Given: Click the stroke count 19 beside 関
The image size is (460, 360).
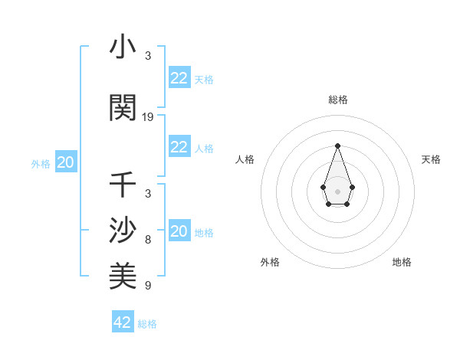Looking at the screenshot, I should (148, 117).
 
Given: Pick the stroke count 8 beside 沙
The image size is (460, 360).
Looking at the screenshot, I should (148, 239).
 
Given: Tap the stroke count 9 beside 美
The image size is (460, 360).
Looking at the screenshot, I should (148, 286).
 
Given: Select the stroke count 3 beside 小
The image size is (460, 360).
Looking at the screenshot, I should (148, 56).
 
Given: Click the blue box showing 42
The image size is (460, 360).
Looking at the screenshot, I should (123, 322).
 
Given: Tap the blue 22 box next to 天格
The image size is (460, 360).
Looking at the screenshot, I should (179, 78).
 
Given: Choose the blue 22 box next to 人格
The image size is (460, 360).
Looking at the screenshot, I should (179, 147).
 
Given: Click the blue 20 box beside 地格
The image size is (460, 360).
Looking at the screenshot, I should (179, 231).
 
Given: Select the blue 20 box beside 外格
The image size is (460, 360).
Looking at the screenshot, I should (66, 162).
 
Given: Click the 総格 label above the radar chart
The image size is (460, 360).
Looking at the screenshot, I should (337, 100).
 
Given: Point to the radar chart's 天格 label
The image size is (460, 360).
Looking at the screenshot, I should (431, 159).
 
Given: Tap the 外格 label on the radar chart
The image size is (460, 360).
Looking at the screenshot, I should (270, 262).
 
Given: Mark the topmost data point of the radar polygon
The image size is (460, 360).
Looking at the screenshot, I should (337, 146).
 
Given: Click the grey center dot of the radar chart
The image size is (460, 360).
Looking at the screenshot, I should (337, 190).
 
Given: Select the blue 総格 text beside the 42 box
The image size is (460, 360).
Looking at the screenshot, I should (147, 324).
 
